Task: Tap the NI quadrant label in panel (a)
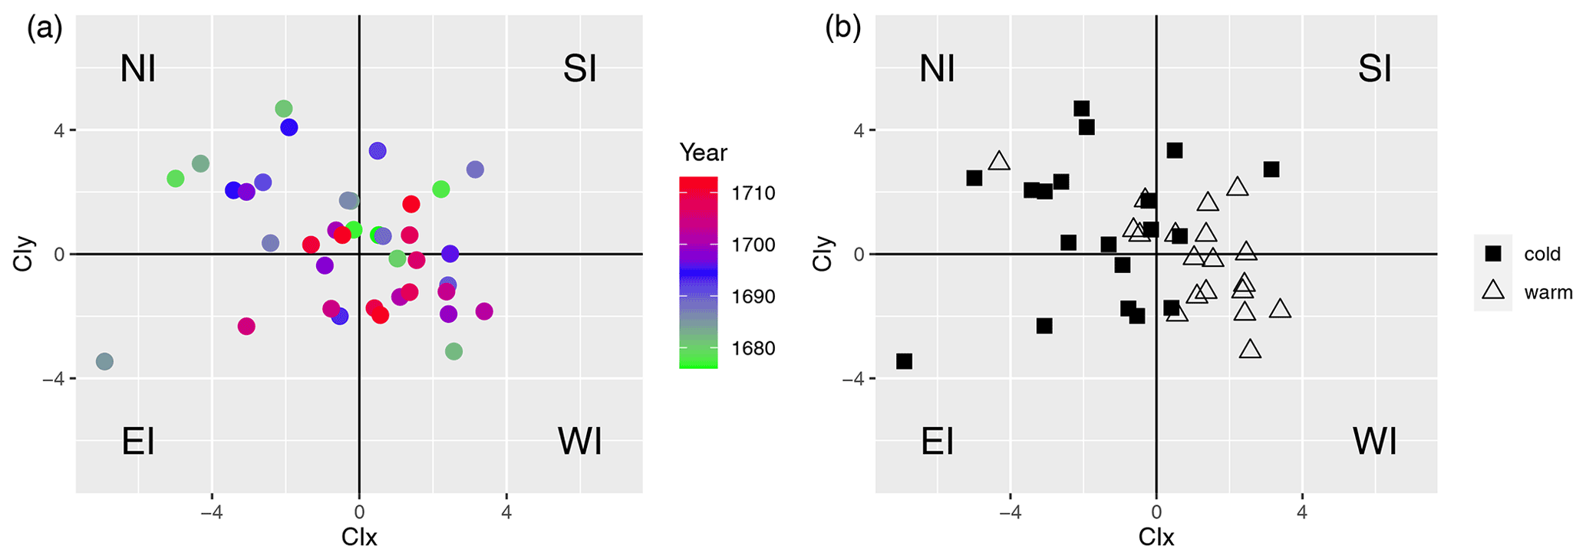click(138, 69)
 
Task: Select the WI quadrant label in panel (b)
click(1374, 442)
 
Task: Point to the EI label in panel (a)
click(138, 442)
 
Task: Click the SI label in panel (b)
click(1374, 69)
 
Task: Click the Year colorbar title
click(703, 153)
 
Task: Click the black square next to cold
click(1492, 253)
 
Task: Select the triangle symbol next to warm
click(1492, 291)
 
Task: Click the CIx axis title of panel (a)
click(359, 537)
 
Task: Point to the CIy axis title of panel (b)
click(822, 254)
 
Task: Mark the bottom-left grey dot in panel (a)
click(105, 361)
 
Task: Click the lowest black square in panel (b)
click(904, 361)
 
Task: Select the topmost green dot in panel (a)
click(284, 109)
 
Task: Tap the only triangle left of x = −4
click(999, 161)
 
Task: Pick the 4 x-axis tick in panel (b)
click(1302, 511)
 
